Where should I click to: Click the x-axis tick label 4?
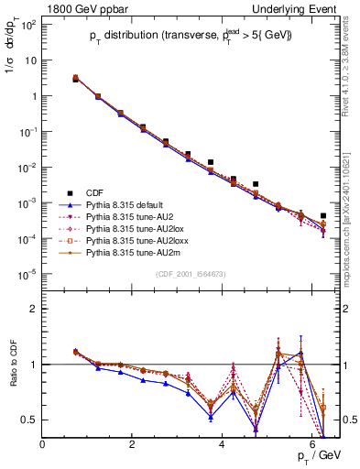pyautogui.click(x=224, y=444)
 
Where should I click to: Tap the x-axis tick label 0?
pyautogui.click(x=43, y=444)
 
